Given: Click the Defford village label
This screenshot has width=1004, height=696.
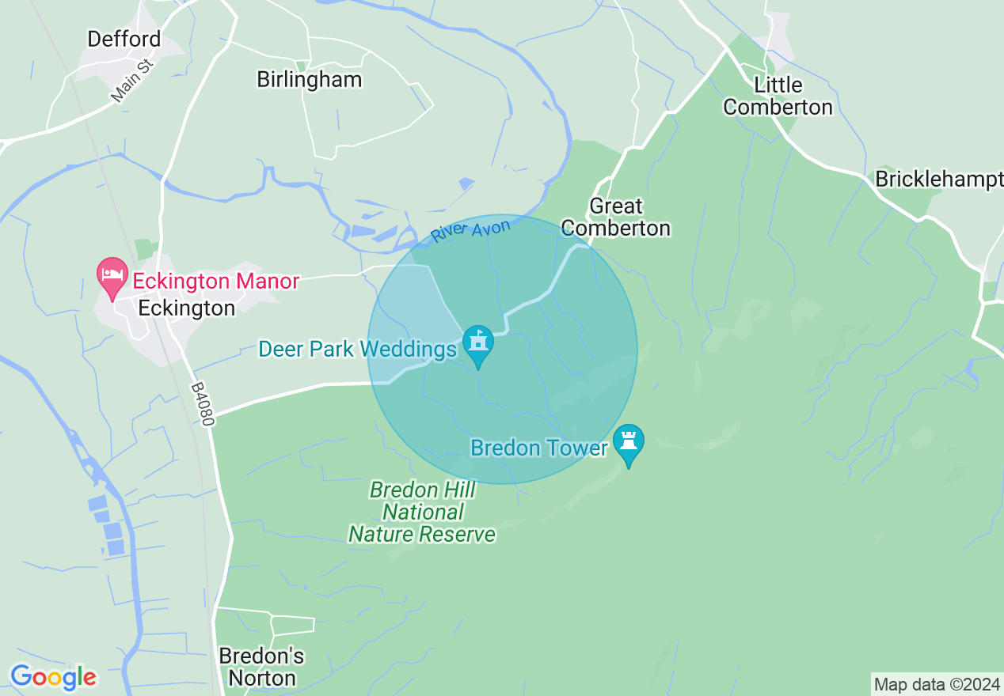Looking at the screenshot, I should [124, 39].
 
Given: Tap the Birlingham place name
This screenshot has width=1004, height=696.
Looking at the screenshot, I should [310, 79].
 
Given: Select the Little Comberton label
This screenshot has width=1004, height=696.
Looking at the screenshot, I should [778, 96].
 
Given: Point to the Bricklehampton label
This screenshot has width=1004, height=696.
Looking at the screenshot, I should [938, 180].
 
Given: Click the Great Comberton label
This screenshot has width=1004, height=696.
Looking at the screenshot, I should [616, 217].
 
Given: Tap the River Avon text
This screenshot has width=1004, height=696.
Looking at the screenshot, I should [471, 230].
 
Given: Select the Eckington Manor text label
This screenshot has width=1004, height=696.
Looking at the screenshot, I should [215, 281].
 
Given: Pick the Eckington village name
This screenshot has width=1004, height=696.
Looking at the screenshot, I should [187, 308].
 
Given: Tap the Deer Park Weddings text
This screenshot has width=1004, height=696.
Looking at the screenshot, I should [357, 349].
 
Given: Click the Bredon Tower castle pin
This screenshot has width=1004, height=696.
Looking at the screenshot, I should [629, 443].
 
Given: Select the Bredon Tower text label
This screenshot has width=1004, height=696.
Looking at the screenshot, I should [538, 448].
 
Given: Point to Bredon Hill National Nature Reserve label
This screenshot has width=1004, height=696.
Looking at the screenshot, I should [423, 512].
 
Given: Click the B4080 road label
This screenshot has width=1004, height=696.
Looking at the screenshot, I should [203, 405].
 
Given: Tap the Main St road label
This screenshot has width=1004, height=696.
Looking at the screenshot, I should [131, 79].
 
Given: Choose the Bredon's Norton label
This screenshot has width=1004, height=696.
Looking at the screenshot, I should [261, 667].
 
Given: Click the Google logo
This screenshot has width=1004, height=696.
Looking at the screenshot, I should [53, 677].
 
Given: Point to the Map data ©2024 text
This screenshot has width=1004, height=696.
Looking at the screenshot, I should [936, 683].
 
